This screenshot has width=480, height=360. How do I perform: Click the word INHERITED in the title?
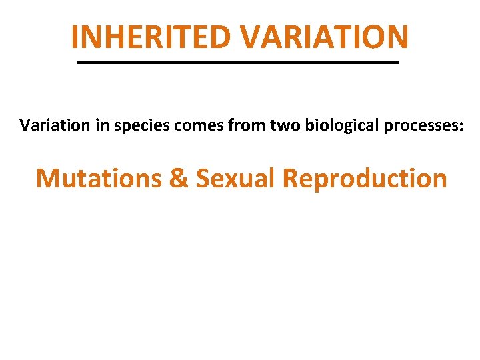click(152, 37)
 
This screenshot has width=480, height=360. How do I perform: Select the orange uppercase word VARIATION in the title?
click(325, 37)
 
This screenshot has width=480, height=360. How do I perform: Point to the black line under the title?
click(239, 63)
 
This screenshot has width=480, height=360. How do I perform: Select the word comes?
click(187, 126)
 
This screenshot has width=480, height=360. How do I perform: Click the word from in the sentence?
click(233, 125)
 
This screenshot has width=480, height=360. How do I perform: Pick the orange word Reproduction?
click(364, 179)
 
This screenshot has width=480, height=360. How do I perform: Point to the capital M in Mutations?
click(47, 179)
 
